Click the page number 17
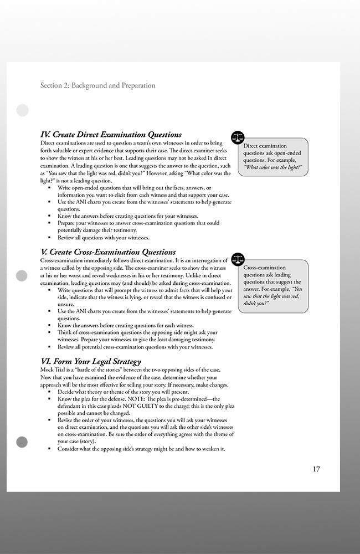(316, 469)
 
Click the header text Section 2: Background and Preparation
(98, 85)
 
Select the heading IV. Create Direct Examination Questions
(111, 135)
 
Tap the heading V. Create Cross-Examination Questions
(108, 252)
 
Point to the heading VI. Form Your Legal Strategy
(91, 362)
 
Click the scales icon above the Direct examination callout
(238, 136)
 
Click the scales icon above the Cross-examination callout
(238, 259)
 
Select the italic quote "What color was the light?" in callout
(273, 167)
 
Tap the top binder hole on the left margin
(22, 110)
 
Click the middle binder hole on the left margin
(22, 275)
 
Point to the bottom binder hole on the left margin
(22, 442)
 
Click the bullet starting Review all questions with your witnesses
(104, 238)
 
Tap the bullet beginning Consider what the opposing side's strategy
(141, 449)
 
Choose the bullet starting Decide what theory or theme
(123, 392)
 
